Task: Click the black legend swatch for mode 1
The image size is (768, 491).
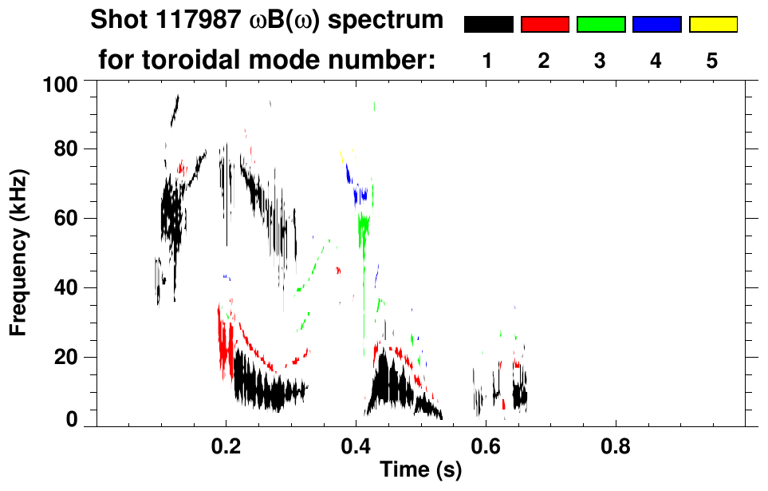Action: (x=488, y=25)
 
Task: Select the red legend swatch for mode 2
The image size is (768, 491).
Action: (x=545, y=25)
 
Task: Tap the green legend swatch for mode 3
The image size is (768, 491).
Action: (x=601, y=25)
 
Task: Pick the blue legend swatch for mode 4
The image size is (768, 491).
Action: (x=656, y=25)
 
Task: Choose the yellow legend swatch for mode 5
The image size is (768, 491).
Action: (x=712, y=25)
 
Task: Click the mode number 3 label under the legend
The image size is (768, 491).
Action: (x=600, y=61)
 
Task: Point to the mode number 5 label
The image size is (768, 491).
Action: (x=712, y=61)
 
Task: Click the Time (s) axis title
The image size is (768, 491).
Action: (x=420, y=470)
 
